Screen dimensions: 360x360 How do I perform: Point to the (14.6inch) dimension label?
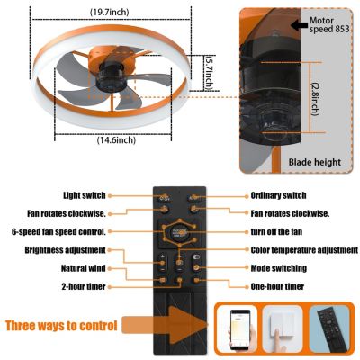pos(114,139)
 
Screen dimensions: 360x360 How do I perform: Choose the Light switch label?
pos(85,194)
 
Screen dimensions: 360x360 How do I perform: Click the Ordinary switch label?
pos(282,194)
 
